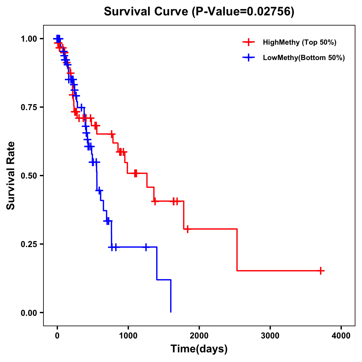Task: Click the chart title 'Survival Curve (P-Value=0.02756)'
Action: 199,11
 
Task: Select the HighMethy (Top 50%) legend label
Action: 299,42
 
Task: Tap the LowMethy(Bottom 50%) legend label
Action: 304,58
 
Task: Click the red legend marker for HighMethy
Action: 249,42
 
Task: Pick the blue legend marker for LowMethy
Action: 249,58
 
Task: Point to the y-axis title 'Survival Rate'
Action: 11,175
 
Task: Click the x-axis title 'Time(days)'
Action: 199,349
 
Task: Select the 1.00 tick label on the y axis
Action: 29,39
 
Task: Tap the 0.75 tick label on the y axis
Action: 29,107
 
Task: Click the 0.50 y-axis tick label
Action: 29,176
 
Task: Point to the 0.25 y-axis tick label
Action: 29,244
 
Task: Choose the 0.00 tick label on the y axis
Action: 29,313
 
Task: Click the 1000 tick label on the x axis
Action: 128,335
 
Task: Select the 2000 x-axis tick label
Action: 199,335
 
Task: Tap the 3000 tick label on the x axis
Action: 270,335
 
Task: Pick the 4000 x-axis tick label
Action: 341,335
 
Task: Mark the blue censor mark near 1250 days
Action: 146,247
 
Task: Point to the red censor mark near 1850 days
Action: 187,229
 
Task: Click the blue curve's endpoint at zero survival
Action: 171,312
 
